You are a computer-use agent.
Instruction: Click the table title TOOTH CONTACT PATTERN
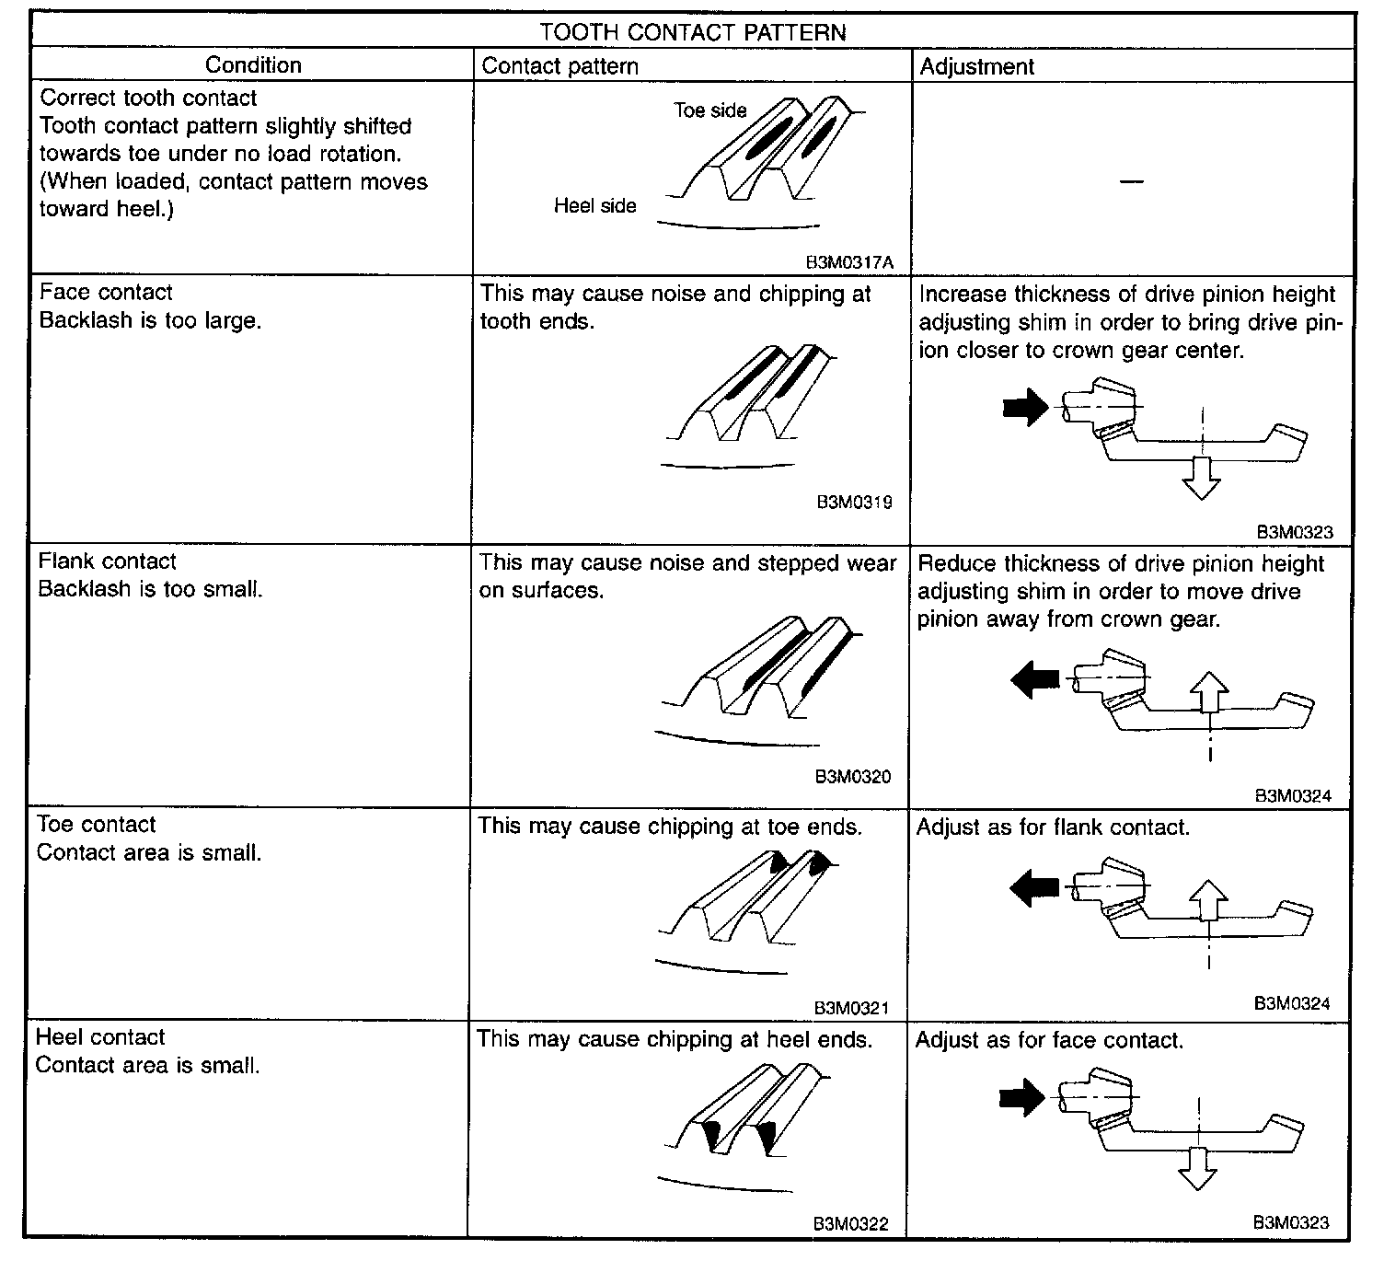point(692,32)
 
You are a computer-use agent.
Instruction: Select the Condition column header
point(253,65)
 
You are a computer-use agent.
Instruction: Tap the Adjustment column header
point(976,66)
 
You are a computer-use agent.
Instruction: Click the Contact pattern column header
point(559,66)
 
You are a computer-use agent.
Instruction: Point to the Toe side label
point(709,110)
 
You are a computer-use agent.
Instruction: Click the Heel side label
point(594,206)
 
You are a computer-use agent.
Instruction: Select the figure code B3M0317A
point(849,262)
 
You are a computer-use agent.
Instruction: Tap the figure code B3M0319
point(854,503)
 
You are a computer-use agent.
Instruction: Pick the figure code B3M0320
point(853,777)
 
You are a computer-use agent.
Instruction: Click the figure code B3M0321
point(851,1008)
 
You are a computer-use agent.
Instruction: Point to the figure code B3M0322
point(850,1224)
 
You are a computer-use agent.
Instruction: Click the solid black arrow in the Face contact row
point(1026,406)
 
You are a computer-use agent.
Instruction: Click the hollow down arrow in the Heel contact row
point(1197,1167)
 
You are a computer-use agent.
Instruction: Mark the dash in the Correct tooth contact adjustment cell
point(1132,182)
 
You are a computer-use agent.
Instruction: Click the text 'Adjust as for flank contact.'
point(1053,827)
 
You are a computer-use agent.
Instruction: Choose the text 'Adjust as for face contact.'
point(1049,1041)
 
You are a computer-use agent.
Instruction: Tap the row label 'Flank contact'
point(108,561)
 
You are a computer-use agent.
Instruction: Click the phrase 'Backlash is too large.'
point(150,320)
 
